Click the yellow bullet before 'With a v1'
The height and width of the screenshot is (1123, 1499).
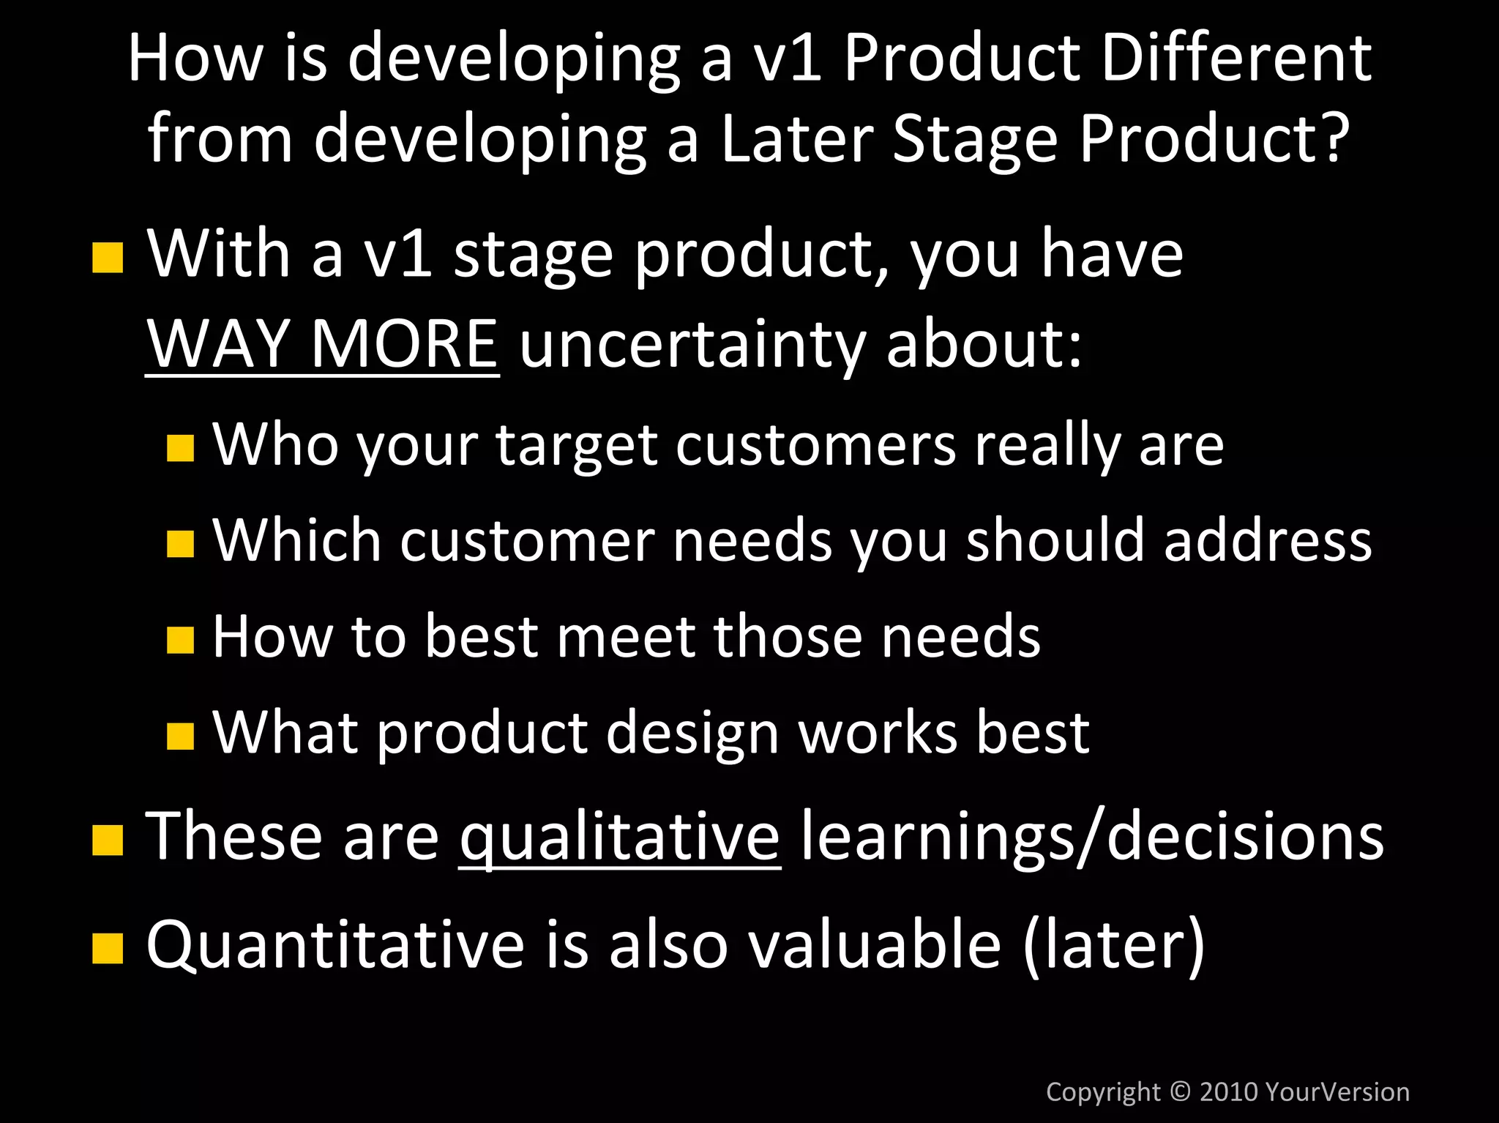click(x=108, y=258)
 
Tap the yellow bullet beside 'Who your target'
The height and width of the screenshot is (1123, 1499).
click(x=180, y=447)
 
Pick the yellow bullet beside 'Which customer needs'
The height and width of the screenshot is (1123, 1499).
click(x=180, y=544)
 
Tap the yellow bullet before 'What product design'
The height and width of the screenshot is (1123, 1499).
click(x=180, y=736)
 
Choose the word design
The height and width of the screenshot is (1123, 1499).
click(x=692, y=734)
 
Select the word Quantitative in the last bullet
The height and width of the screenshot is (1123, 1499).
click(x=335, y=944)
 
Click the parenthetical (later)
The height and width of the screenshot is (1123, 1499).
click(x=1113, y=944)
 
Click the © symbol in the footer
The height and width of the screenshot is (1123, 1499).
click(x=1180, y=1092)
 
